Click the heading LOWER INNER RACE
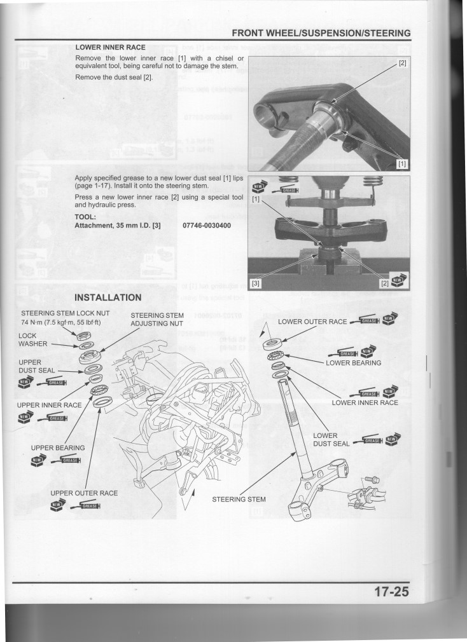point(111,47)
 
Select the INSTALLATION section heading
point(108,298)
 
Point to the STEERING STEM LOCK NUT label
point(66,313)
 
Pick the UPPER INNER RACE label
point(50,405)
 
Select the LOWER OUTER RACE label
point(312,322)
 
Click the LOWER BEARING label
point(353,363)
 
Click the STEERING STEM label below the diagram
point(239,499)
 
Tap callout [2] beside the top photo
point(402,64)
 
